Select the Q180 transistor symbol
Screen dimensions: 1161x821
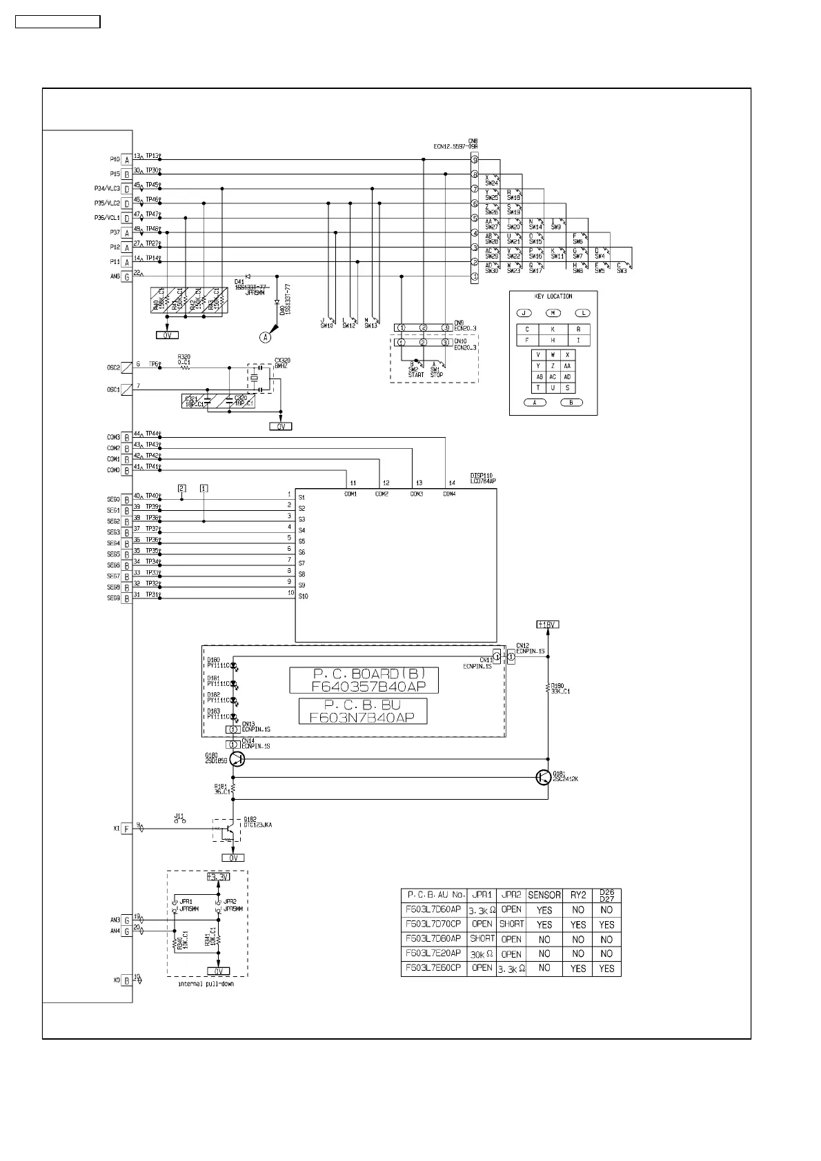(237, 758)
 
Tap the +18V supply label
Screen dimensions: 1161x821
(547, 625)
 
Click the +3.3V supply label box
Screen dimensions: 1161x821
(218, 878)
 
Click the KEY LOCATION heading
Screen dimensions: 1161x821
(553, 296)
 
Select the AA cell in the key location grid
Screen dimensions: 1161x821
(567, 366)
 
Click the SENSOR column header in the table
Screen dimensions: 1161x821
(544, 895)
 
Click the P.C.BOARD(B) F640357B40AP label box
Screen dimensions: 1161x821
(364, 680)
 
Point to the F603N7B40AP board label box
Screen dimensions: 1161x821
(362, 711)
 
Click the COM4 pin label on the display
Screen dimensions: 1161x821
(449, 494)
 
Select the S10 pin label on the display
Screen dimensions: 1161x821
(303, 596)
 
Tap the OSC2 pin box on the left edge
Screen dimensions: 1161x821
(127, 368)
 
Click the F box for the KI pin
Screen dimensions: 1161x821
(127, 829)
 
